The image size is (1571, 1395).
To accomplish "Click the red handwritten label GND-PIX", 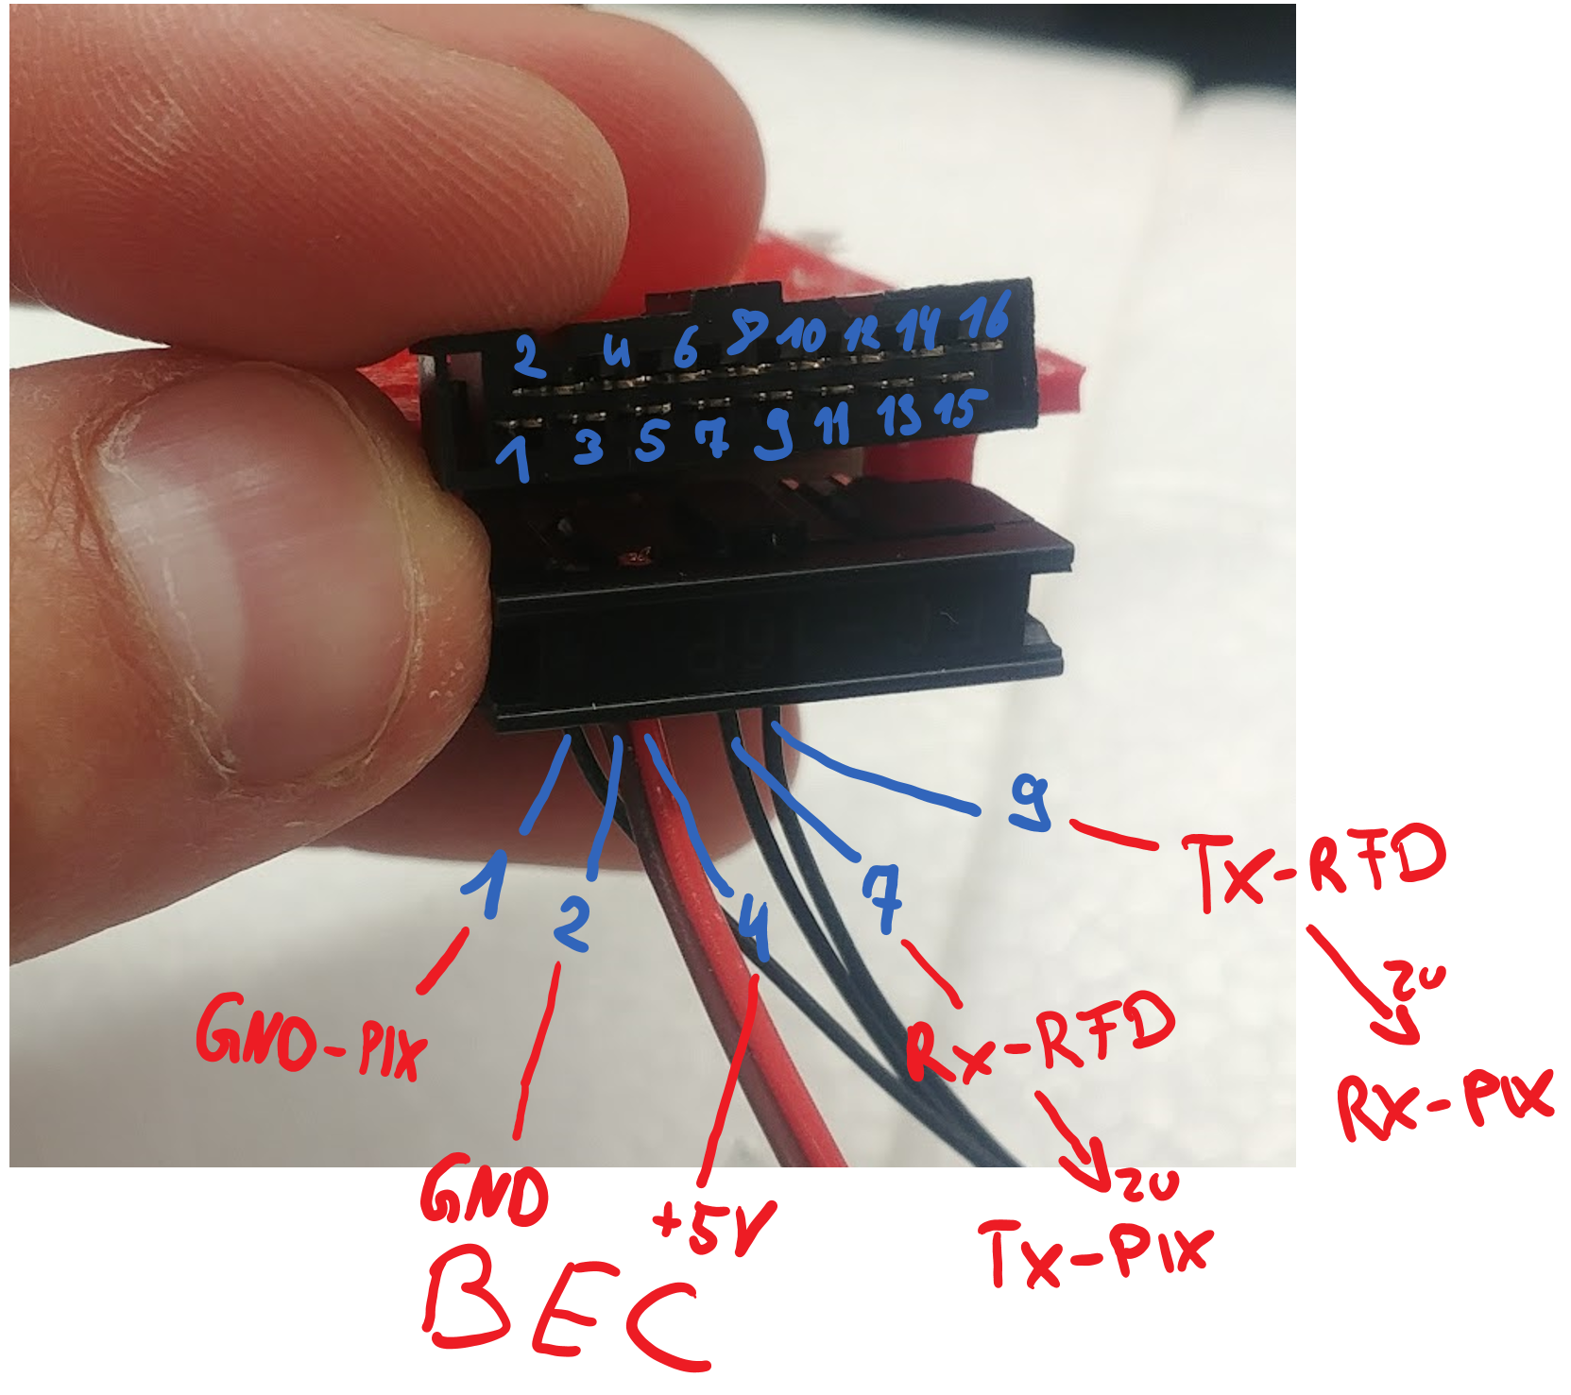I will click(x=311, y=1039).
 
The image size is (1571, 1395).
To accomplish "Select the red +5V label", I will click(x=714, y=1227).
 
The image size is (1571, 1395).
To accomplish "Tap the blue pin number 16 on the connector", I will click(x=985, y=316).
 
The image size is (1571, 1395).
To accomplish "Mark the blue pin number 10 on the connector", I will click(x=804, y=334).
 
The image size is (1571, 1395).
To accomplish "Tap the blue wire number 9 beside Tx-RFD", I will click(x=1030, y=803).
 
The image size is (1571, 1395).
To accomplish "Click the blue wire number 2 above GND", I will click(x=572, y=923).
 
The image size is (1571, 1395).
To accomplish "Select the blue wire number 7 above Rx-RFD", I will click(x=882, y=898).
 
